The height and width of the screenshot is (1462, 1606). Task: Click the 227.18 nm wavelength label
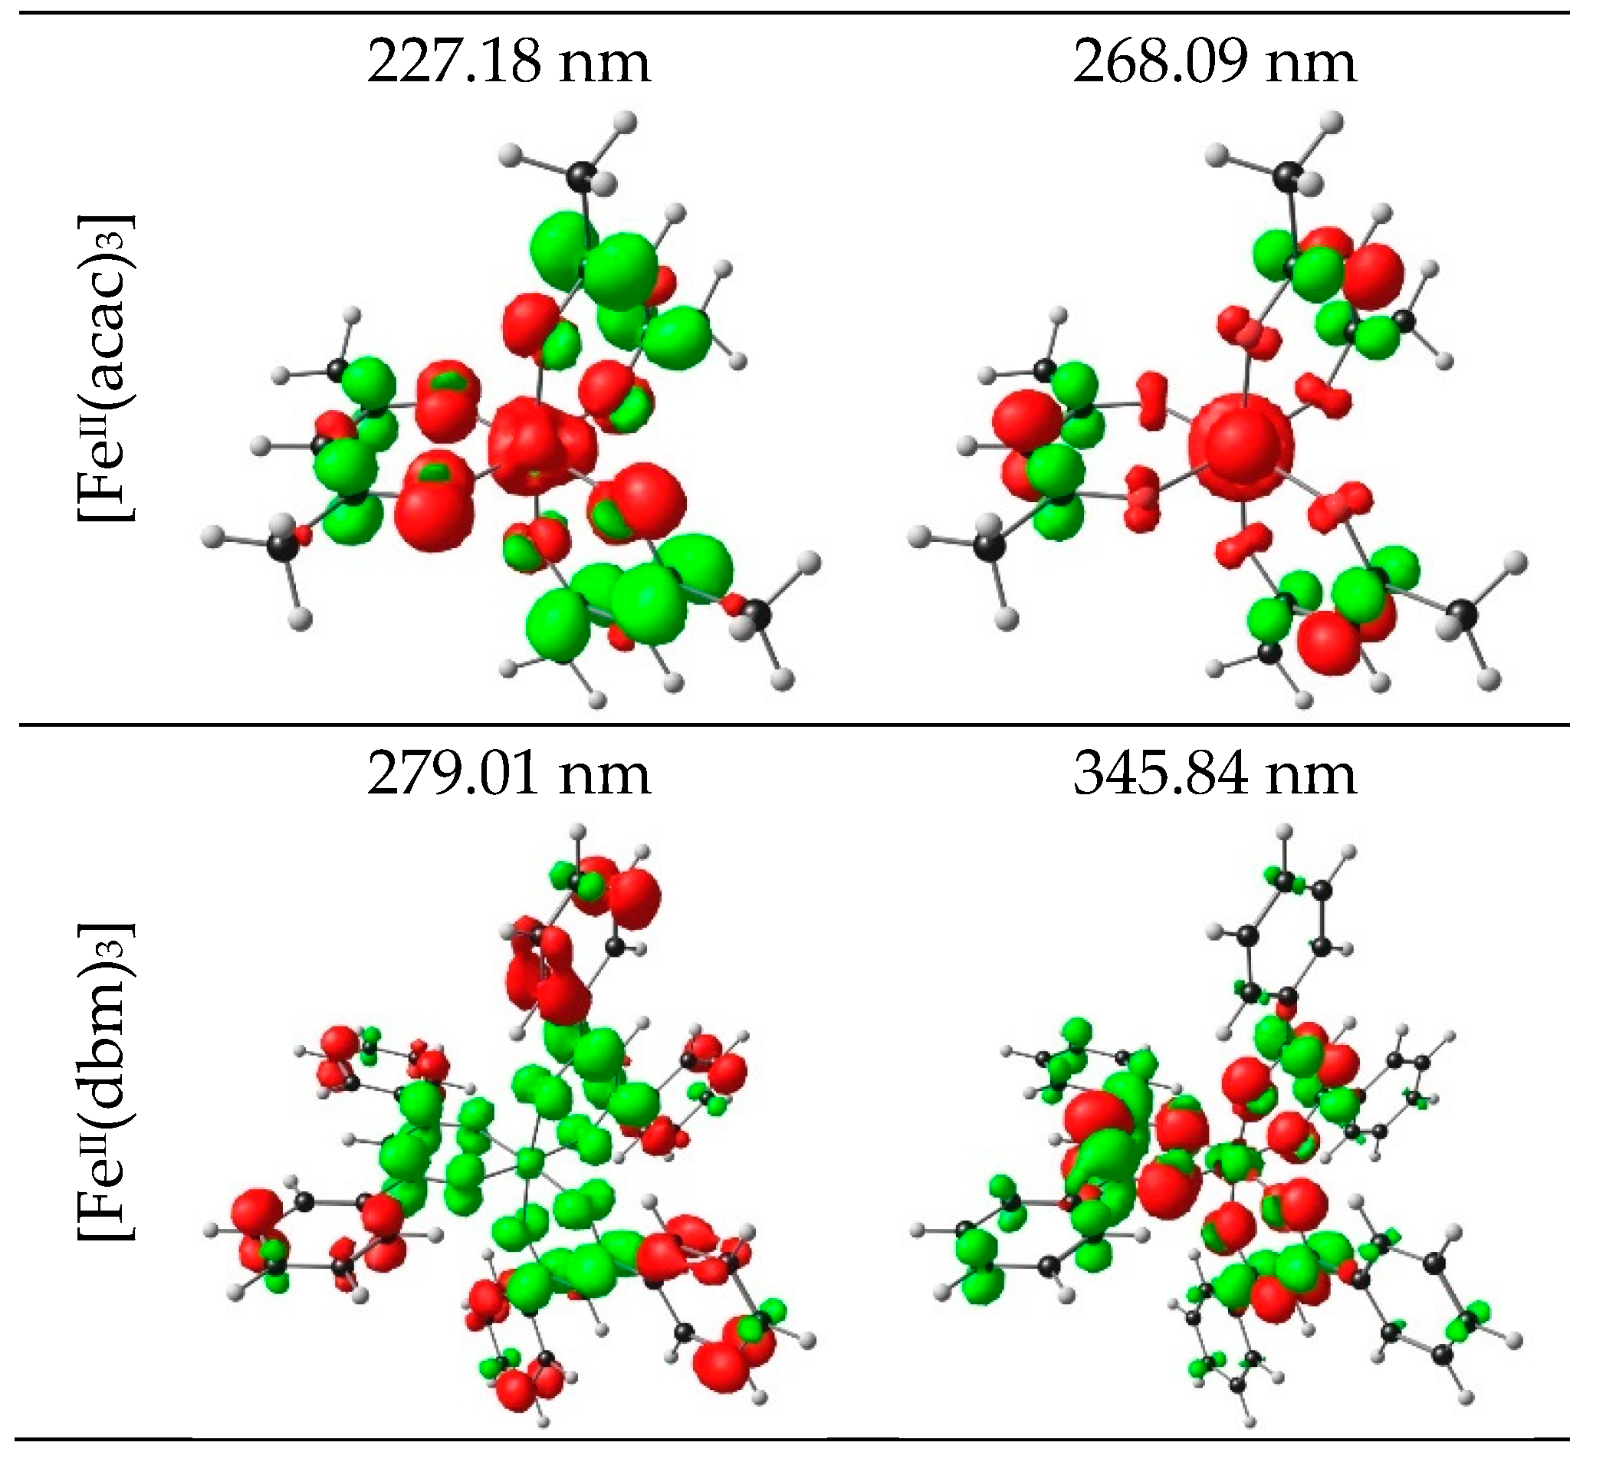[508, 63]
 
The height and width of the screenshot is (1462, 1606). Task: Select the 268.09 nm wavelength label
[1214, 63]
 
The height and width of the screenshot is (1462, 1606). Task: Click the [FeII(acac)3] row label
[106, 368]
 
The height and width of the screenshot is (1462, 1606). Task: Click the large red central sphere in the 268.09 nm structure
[1240, 447]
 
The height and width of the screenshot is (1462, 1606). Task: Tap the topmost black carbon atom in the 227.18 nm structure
[583, 176]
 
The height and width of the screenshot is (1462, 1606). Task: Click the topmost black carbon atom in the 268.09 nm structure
[1286, 176]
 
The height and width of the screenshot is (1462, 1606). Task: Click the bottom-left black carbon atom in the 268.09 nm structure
[989, 546]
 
